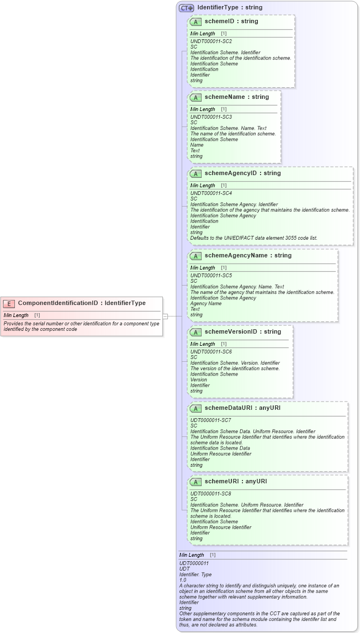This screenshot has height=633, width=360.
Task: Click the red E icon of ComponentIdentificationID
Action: tap(9, 303)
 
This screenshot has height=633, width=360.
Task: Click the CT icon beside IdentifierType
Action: tap(186, 8)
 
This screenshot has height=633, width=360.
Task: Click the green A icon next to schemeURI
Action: tap(195, 482)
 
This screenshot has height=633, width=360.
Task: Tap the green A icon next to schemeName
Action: tap(195, 97)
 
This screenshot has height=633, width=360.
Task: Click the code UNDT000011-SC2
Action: tap(211, 41)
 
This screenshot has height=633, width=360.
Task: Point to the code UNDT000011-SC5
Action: tap(211, 276)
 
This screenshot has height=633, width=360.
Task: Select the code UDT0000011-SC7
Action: tap(210, 420)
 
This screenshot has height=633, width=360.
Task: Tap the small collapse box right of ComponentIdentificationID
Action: tap(165, 316)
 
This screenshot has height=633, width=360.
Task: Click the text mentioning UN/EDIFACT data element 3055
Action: tap(253, 238)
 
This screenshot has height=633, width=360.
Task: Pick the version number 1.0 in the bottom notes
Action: tap(183, 581)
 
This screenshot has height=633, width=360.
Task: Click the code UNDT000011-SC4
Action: tap(211, 193)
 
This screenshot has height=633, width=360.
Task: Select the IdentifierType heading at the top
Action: tap(230, 8)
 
